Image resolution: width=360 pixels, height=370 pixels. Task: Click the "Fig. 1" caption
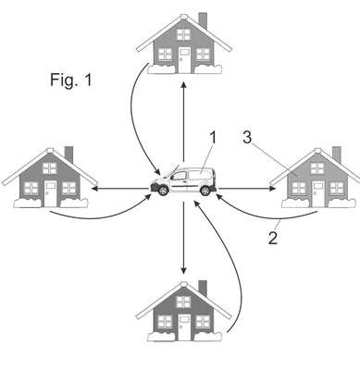click(71, 80)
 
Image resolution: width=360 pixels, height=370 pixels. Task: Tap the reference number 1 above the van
click(213, 138)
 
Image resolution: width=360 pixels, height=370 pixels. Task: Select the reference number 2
click(273, 238)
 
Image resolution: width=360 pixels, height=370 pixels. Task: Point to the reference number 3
click(247, 137)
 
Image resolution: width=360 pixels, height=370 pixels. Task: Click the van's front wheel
click(163, 191)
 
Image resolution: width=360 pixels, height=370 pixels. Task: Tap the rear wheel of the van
click(205, 191)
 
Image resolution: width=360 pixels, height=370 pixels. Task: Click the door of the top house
click(185, 60)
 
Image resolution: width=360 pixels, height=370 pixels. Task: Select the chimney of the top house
click(203, 20)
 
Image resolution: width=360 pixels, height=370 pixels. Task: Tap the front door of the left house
click(51, 193)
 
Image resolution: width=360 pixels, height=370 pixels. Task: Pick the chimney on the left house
click(68, 154)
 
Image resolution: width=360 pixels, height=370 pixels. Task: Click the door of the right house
click(318, 194)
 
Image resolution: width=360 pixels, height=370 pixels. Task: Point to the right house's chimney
click(337, 154)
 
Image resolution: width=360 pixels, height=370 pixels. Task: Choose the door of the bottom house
click(184, 327)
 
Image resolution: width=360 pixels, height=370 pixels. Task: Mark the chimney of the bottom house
click(203, 288)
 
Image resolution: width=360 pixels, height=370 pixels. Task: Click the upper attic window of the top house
click(184, 34)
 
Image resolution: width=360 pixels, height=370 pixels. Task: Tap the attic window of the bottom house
click(183, 302)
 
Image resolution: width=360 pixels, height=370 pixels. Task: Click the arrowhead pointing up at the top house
click(183, 85)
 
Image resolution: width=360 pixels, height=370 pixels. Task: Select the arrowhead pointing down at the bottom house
click(183, 270)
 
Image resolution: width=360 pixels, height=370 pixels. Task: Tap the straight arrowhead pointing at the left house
click(95, 189)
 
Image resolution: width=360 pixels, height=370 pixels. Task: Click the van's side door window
click(180, 176)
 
